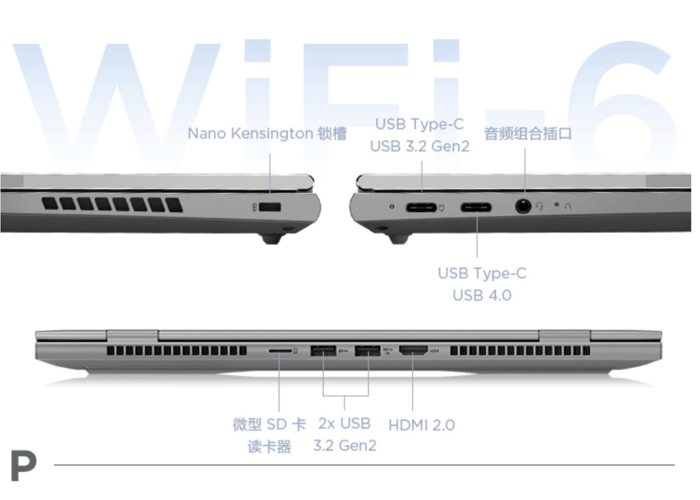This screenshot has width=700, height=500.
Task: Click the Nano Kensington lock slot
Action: (270, 207)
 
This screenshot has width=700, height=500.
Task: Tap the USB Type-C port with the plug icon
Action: (421, 208)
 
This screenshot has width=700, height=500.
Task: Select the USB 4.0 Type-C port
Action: (476, 207)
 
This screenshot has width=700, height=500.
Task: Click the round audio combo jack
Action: (523, 207)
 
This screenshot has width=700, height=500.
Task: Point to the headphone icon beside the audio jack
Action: (539, 206)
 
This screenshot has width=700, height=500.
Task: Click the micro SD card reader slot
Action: (280, 351)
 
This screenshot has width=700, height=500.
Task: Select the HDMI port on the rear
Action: (413, 351)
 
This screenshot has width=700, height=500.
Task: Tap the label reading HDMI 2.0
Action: (422, 425)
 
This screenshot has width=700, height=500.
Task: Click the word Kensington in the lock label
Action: (272, 134)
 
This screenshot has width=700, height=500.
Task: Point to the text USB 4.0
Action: (482, 295)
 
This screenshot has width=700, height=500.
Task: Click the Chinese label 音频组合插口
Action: (528, 134)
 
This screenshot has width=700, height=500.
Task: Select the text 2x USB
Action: (344, 424)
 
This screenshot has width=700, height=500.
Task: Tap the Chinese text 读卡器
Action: (270, 446)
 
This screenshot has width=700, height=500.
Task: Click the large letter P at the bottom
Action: (24, 466)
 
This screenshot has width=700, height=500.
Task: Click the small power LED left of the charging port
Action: (392, 207)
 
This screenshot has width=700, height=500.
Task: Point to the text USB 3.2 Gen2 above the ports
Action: (420, 146)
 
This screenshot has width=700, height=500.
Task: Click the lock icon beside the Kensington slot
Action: (254, 207)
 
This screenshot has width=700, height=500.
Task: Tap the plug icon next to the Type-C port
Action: (441, 207)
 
